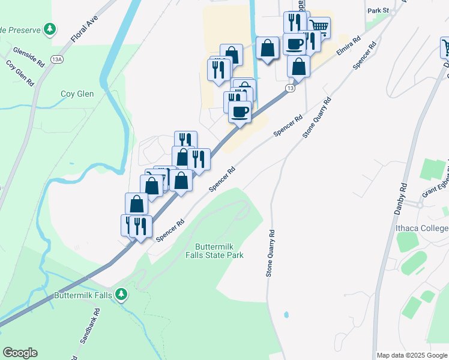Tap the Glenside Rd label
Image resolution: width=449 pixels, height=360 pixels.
pos(29,56)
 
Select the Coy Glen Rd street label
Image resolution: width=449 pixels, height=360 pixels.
pos(19,73)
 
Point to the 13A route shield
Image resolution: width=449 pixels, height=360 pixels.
pos(57,59)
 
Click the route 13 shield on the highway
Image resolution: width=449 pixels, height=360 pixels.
pos(290,88)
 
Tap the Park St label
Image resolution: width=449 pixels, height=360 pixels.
pos(378,11)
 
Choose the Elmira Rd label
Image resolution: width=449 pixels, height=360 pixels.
pos(348,47)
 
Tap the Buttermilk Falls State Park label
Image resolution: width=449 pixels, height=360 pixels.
pos(219,251)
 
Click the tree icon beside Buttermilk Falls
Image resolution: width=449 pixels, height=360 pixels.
pos(122,294)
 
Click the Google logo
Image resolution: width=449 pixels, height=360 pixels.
pos(20,353)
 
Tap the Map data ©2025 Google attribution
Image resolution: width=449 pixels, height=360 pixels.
pos(412,355)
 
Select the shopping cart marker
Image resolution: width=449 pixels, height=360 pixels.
pos(319,26)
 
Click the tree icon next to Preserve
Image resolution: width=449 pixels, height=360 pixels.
pos(51,29)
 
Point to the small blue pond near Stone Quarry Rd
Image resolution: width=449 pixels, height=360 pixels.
pos(286,314)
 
